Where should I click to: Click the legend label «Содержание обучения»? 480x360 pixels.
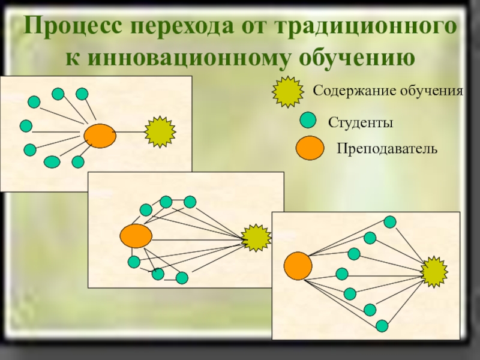click(x=388, y=91)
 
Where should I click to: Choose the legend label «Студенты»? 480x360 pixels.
click(x=360, y=123)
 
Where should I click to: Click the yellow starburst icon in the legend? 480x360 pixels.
click(x=289, y=91)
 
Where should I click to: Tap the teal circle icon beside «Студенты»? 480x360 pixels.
click(x=308, y=120)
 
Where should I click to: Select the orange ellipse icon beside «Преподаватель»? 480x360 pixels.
click(x=310, y=148)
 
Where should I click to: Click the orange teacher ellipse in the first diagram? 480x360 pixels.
click(x=100, y=136)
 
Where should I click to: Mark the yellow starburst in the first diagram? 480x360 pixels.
click(x=160, y=131)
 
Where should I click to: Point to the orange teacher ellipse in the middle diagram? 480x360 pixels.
click(x=136, y=236)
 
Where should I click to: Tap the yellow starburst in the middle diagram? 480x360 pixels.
click(x=257, y=238)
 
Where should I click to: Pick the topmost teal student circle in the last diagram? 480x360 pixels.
click(x=390, y=222)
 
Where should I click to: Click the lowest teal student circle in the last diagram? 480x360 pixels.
click(x=382, y=326)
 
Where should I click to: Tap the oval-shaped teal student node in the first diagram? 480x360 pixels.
click(x=52, y=161)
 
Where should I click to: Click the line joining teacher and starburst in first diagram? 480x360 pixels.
click(x=131, y=131)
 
